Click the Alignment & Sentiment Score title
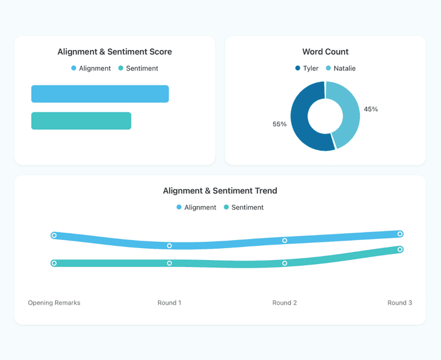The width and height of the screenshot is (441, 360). click(115, 52)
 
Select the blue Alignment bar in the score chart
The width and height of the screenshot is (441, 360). click(100, 94)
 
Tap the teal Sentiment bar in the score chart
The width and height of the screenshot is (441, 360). click(81, 121)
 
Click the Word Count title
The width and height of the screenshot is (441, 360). click(325, 52)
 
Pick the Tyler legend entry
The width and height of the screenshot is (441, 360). click(307, 68)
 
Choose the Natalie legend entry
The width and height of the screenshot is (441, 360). click(340, 68)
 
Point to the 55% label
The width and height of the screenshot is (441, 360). click(279, 124)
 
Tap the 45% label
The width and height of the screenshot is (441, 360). click(370, 109)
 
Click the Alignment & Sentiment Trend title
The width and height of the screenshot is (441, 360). click(220, 191)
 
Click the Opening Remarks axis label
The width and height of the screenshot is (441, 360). click(54, 303)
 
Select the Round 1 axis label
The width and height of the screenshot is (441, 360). click(169, 303)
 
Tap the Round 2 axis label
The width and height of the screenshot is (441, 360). click(285, 303)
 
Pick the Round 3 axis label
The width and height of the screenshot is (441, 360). click(400, 303)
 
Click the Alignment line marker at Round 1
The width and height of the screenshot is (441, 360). click(169, 246)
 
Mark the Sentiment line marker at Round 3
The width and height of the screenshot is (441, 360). click(400, 249)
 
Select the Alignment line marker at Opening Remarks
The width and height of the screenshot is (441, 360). click(54, 235)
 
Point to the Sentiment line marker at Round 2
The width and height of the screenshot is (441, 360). click(285, 264)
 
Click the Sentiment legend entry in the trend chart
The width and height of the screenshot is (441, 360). click(243, 207)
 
